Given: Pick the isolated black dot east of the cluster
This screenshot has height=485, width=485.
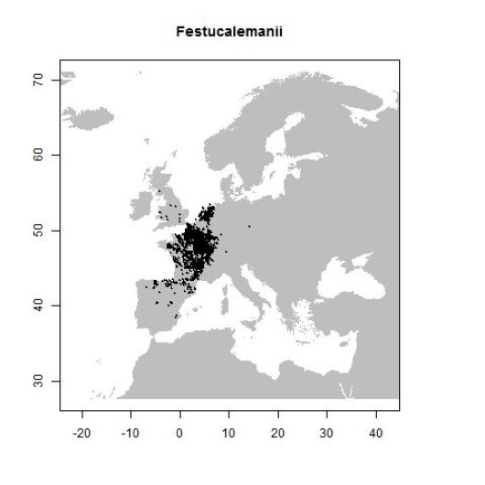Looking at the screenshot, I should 249,226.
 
